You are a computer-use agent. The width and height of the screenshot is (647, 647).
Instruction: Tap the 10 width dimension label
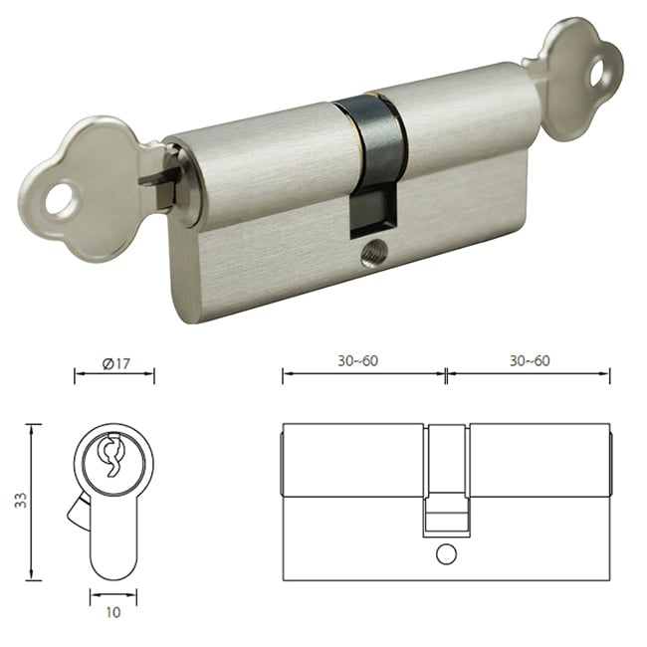(x=113, y=612)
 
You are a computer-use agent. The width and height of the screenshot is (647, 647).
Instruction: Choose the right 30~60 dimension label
(x=530, y=360)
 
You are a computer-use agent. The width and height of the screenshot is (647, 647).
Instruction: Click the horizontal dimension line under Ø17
(x=114, y=375)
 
